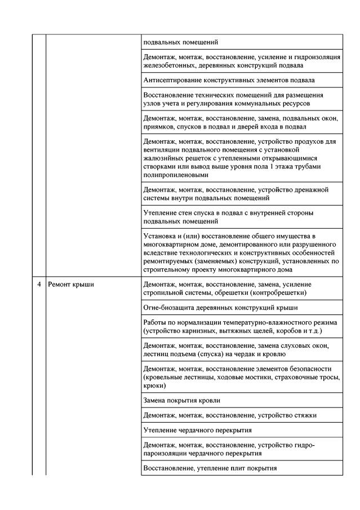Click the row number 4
tap(39, 285)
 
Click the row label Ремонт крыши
tap(71, 285)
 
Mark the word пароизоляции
tap(167, 454)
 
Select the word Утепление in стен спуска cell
tap(161, 213)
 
